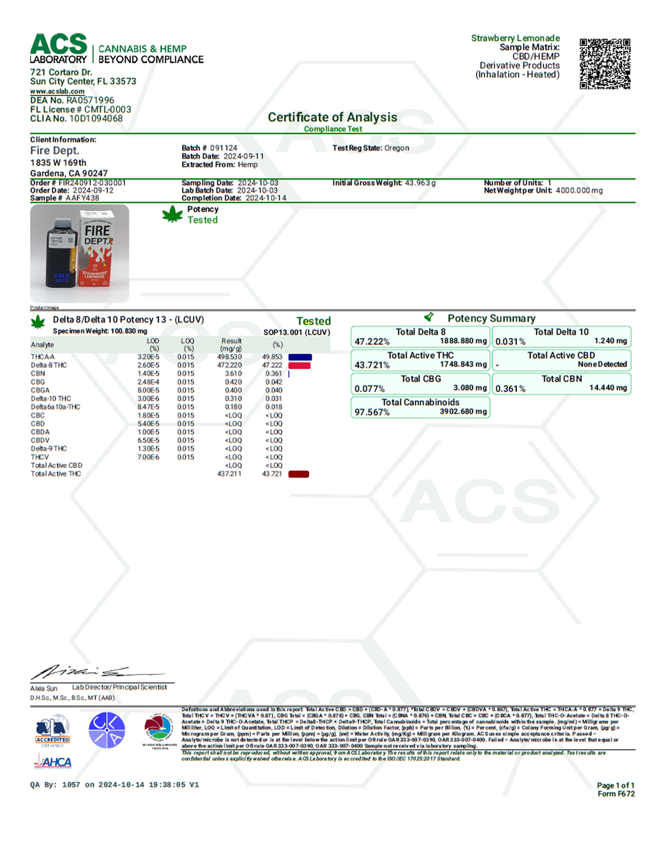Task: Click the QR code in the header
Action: pos(605,63)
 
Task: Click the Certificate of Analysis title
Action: pos(332,117)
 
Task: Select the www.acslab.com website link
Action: pos(57,91)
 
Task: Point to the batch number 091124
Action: pos(223,148)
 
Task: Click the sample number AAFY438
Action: pos(82,198)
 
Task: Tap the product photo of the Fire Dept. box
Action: pos(79,253)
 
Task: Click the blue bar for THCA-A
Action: pos(300,357)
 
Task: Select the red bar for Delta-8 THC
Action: pos(299,365)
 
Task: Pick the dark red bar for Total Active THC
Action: pos(298,474)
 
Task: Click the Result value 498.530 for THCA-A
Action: pos(230,357)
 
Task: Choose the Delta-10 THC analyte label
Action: pos(51,398)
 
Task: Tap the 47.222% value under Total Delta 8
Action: pos(372,342)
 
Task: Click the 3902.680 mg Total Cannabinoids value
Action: pos(463,412)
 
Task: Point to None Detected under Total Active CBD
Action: pos(602,365)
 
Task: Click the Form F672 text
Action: pos(616,794)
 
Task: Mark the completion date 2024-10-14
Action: pos(266,198)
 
